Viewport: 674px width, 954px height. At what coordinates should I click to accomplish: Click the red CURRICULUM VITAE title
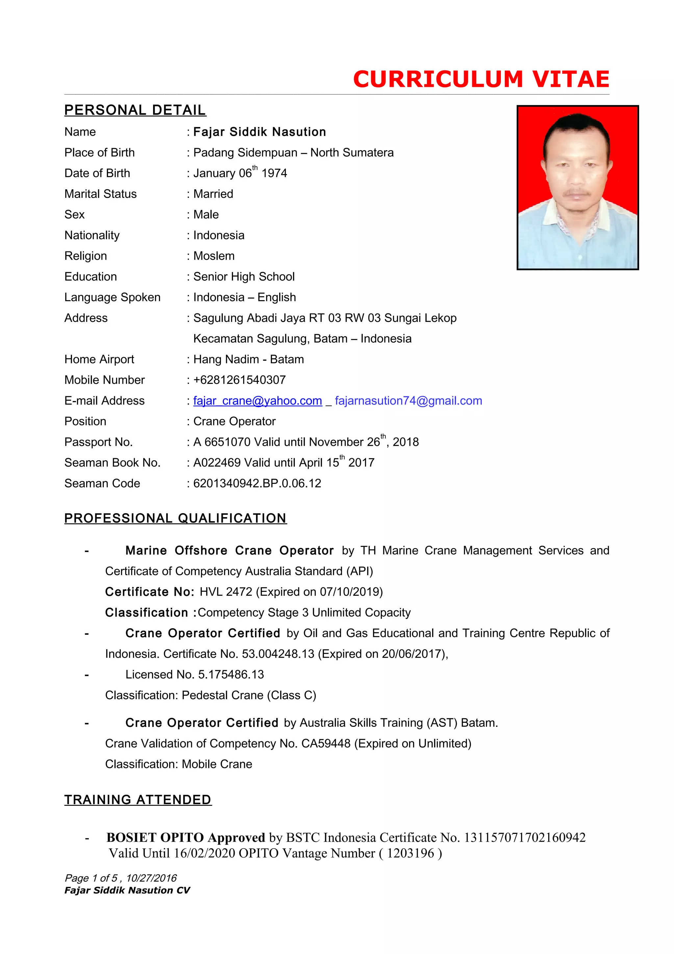pos(481,79)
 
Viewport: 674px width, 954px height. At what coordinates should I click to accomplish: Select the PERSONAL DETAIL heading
pos(135,110)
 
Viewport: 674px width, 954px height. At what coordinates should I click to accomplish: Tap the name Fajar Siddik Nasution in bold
pos(260,132)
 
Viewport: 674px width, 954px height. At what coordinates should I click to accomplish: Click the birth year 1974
pos(274,173)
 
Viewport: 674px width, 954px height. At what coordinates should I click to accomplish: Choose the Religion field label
pos(86,256)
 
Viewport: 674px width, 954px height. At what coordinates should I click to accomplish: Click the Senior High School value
pos(244,277)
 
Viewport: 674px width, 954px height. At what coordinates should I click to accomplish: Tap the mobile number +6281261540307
pos(240,380)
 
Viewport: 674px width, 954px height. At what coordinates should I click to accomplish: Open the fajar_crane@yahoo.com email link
pos(257,401)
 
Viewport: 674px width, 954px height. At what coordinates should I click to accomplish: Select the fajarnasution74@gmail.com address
pos(408,401)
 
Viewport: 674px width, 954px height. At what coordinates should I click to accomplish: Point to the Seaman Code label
pos(102,483)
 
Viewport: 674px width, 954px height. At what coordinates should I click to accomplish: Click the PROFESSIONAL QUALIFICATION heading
pos(175,518)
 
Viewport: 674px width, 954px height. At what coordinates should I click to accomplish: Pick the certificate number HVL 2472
pos(226,592)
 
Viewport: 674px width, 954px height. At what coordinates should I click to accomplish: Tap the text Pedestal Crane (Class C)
pos(249,695)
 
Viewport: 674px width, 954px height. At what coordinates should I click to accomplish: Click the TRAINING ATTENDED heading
pos(138,800)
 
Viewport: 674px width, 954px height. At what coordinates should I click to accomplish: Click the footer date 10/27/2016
pos(152,878)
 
